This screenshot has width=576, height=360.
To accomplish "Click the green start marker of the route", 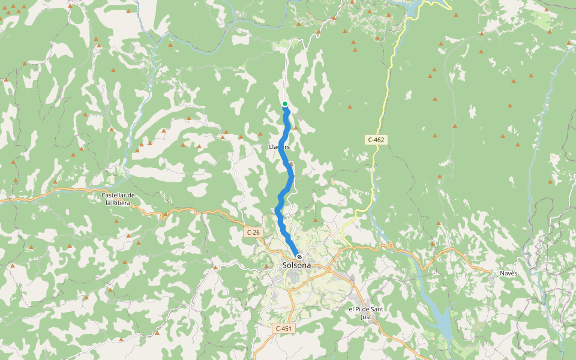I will pyautogui.click(x=285, y=104).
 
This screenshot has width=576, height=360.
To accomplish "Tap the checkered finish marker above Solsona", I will pyautogui.click(x=299, y=257).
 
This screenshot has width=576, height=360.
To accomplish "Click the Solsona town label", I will pyautogui.click(x=296, y=265).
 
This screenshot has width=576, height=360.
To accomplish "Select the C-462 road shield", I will pyautogui.click(x=376, y=140).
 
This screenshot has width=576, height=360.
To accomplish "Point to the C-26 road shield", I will pyautogui.click(x=253, y=232).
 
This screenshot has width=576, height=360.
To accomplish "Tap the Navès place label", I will pyautogui.click(x=508, y=274).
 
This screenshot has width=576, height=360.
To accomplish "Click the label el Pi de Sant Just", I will pyautogui.click(x=366, y=313).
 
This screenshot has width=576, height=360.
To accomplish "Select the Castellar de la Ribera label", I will pyautogui.click(x=118, y=199).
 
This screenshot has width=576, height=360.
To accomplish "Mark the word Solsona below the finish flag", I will pyautogui.click(x=296, y=265).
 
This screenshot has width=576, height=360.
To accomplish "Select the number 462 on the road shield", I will pyautogui.click(x=379, y=140).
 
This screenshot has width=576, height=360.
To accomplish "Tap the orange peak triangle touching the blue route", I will pyautogui.click(x=291, y=163).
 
